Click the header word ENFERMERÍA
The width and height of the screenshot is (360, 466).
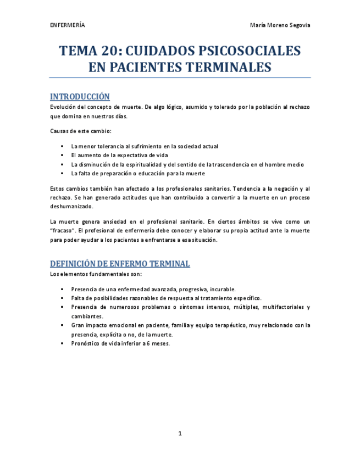point(67,26)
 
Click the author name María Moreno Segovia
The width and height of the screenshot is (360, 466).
point(280,26)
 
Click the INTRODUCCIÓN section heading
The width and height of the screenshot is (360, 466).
point(80,97)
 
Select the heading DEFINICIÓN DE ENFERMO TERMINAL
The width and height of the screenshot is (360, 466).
point(120,264)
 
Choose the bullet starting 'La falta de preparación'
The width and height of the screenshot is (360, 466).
point(138,173)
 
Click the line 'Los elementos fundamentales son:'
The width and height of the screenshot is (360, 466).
point(96,274)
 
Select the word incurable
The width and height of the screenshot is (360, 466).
point(223,289)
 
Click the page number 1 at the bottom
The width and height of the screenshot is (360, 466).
point(180,434)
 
